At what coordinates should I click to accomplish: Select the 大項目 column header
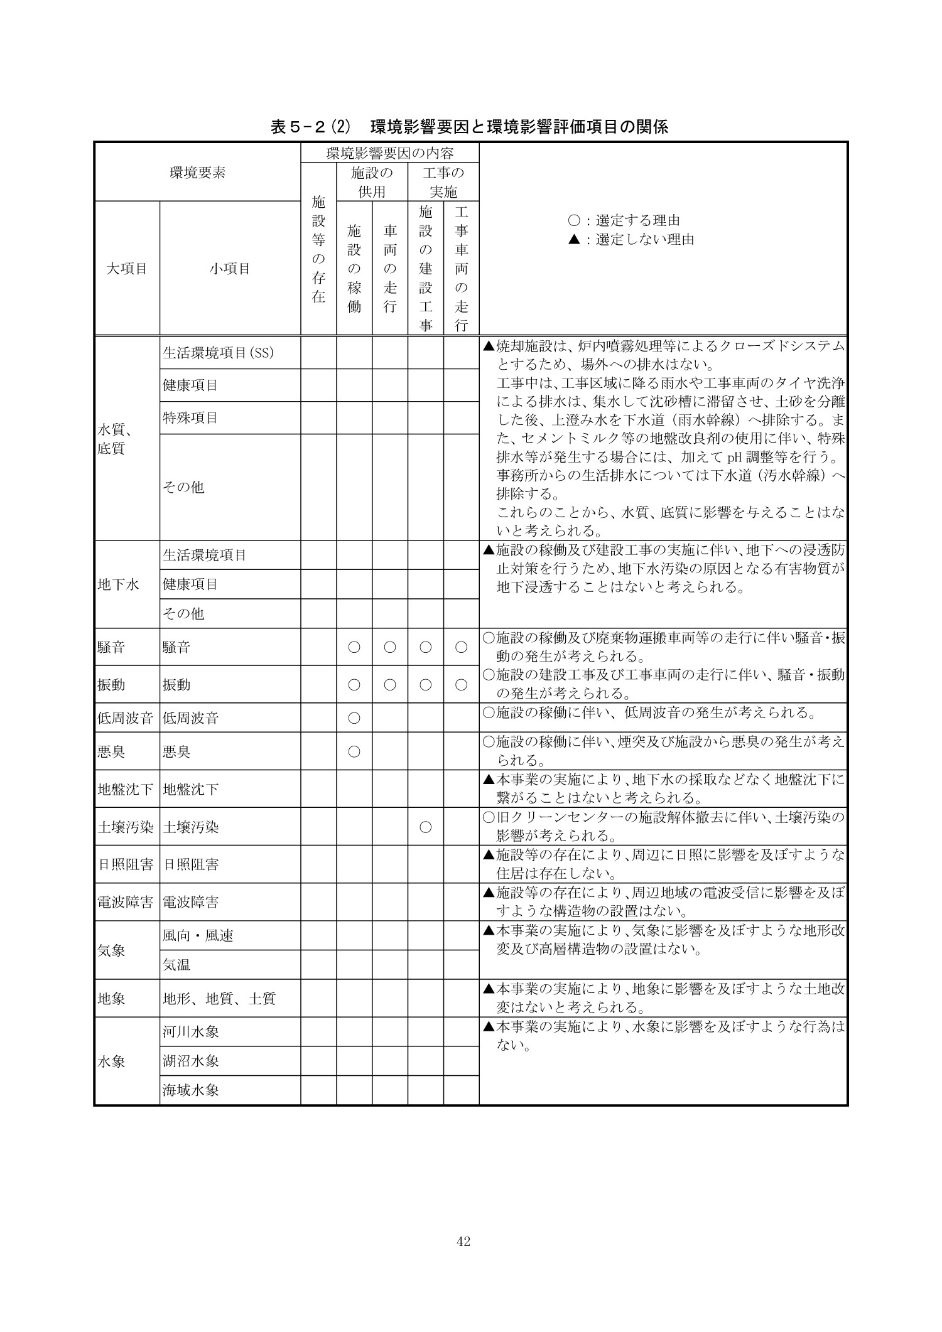(127, 269)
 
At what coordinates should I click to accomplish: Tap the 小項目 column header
(230, 269)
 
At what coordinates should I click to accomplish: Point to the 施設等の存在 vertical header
(318, 249)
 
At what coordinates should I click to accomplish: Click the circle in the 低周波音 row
(354, 717)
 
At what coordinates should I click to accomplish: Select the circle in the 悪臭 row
(354, 751)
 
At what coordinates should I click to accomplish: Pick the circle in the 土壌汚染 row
(425, 827)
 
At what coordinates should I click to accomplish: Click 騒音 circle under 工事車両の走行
(461, 647)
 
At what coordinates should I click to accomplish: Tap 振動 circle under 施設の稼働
(354, 685)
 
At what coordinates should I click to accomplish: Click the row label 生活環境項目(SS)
(219, 353)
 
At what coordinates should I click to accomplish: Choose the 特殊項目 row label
(190, 417)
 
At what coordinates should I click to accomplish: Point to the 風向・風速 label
(198, 935)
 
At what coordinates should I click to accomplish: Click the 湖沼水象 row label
(191, 1061)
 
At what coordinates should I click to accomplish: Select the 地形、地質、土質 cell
(219, 998)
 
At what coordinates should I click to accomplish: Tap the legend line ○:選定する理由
(624, 220)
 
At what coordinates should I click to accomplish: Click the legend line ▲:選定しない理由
(631, 239)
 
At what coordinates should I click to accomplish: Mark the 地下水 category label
(118, 584)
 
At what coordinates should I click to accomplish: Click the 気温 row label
(176, 965)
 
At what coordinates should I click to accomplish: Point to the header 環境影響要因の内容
(389, 153)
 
